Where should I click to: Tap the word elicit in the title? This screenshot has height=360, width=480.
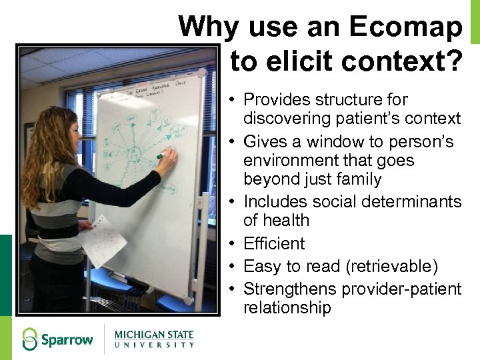click(301, 62)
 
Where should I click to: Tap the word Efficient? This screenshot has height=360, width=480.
click(274, 244)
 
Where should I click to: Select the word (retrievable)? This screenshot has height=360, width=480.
click(392, 267)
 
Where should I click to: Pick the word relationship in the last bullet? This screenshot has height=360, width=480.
click(287, 308)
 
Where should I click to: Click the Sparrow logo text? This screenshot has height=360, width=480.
click(67, 340)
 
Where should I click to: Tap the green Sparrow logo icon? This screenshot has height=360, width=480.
click(29, 339)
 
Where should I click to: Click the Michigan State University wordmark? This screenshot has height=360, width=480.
click(154, 339)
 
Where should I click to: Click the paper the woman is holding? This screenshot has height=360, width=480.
click(101, 240)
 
